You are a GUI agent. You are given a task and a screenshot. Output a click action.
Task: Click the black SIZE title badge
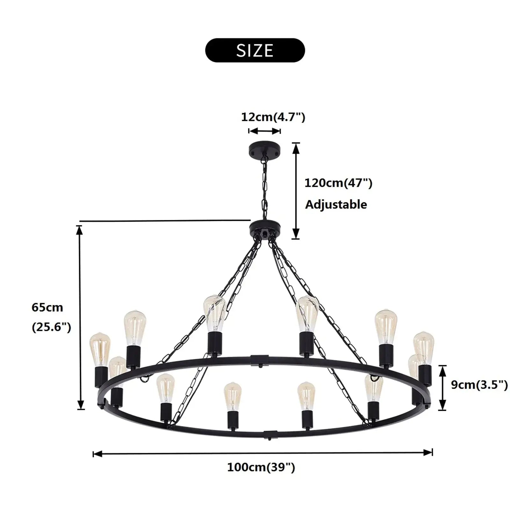click(x=255, y=50)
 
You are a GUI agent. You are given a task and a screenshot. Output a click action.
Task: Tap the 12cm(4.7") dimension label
click(x=273, y=117)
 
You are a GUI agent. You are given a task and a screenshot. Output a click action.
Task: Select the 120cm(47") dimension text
click(x=338, y=183)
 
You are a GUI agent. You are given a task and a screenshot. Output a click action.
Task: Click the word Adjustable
click(x=336, y=204)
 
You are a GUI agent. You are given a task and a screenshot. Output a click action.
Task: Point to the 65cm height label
click(x=47, y=307)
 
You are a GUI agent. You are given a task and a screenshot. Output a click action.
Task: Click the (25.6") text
click(x=51, y=327)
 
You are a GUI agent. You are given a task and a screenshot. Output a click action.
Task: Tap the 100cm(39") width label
click(x=261, y=467)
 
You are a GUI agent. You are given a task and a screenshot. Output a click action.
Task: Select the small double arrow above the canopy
click(x=265, y=131)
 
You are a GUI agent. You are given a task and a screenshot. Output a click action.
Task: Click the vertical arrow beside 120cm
click(x=296, y=191)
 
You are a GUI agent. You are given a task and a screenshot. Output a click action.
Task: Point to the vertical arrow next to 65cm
click(x=80, y=317)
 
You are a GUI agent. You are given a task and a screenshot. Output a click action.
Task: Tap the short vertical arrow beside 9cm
click(x=442, y=388)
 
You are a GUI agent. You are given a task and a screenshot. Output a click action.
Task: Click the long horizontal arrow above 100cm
click(x=262, y=453)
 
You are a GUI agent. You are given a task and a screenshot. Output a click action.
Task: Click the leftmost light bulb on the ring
click(x=100, y=349)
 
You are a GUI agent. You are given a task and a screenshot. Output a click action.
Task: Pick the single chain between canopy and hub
click(x=264, y=188)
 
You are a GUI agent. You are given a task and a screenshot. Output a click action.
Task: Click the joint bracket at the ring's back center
click(x=259, y=360)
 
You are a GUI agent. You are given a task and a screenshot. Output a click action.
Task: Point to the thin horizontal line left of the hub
click(x=165, y=220)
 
